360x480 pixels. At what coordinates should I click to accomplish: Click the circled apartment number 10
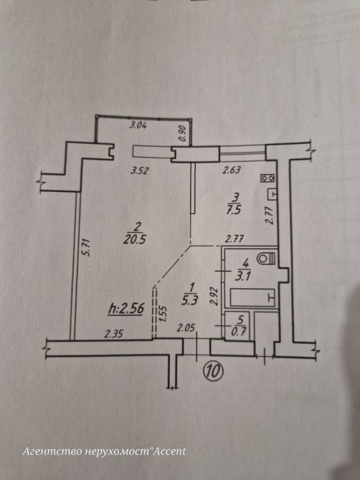tap(214, 371)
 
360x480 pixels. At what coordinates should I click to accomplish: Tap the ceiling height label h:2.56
tap(126, 309)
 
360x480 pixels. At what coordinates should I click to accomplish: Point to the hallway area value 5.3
tap(189, 301)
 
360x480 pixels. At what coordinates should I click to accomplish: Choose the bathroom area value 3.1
tap(243, 276)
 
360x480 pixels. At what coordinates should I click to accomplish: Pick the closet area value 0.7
tap(240, 331)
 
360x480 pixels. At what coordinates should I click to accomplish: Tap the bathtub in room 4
tap(253, 297)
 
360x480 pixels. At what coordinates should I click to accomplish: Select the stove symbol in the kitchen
tap(267, 178)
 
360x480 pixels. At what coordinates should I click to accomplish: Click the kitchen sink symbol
tap(273, 194)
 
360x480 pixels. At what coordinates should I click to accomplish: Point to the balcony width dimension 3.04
tap(138, 125)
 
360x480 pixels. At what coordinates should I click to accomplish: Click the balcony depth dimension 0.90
tap(183, 134)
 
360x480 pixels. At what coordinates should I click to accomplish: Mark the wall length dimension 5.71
tap(87, 247)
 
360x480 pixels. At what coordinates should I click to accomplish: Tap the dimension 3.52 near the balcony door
tap(139, 171)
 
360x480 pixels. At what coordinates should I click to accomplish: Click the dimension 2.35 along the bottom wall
tap(114, 333)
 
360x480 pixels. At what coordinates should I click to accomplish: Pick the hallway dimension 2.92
tap(214, 296)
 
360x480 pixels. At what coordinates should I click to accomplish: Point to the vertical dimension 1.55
tap(164, 314)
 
